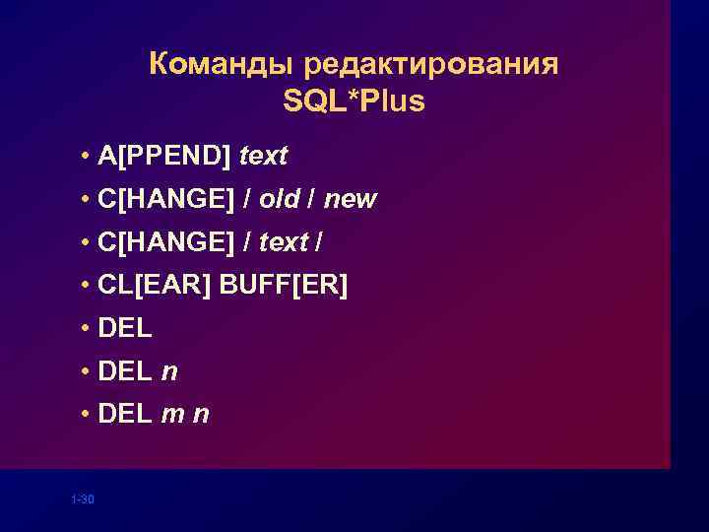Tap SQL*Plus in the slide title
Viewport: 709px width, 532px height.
coord(354,100)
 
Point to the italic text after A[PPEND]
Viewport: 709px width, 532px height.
coord(263,156)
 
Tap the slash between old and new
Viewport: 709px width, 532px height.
coord(312,199)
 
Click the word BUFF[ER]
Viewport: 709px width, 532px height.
coord(284,286)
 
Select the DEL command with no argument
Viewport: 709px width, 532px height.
coord(125,328)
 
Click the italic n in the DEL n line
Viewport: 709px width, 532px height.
coord(169,371)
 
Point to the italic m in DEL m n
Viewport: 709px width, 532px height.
coord(173,415)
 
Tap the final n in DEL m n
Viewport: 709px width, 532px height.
coord(201,415)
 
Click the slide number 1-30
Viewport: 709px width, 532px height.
coord(83,500)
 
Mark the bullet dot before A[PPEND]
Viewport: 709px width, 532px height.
coord(88,157)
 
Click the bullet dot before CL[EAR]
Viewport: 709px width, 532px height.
coord(88,287)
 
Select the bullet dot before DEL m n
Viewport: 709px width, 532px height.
coord(88,416)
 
